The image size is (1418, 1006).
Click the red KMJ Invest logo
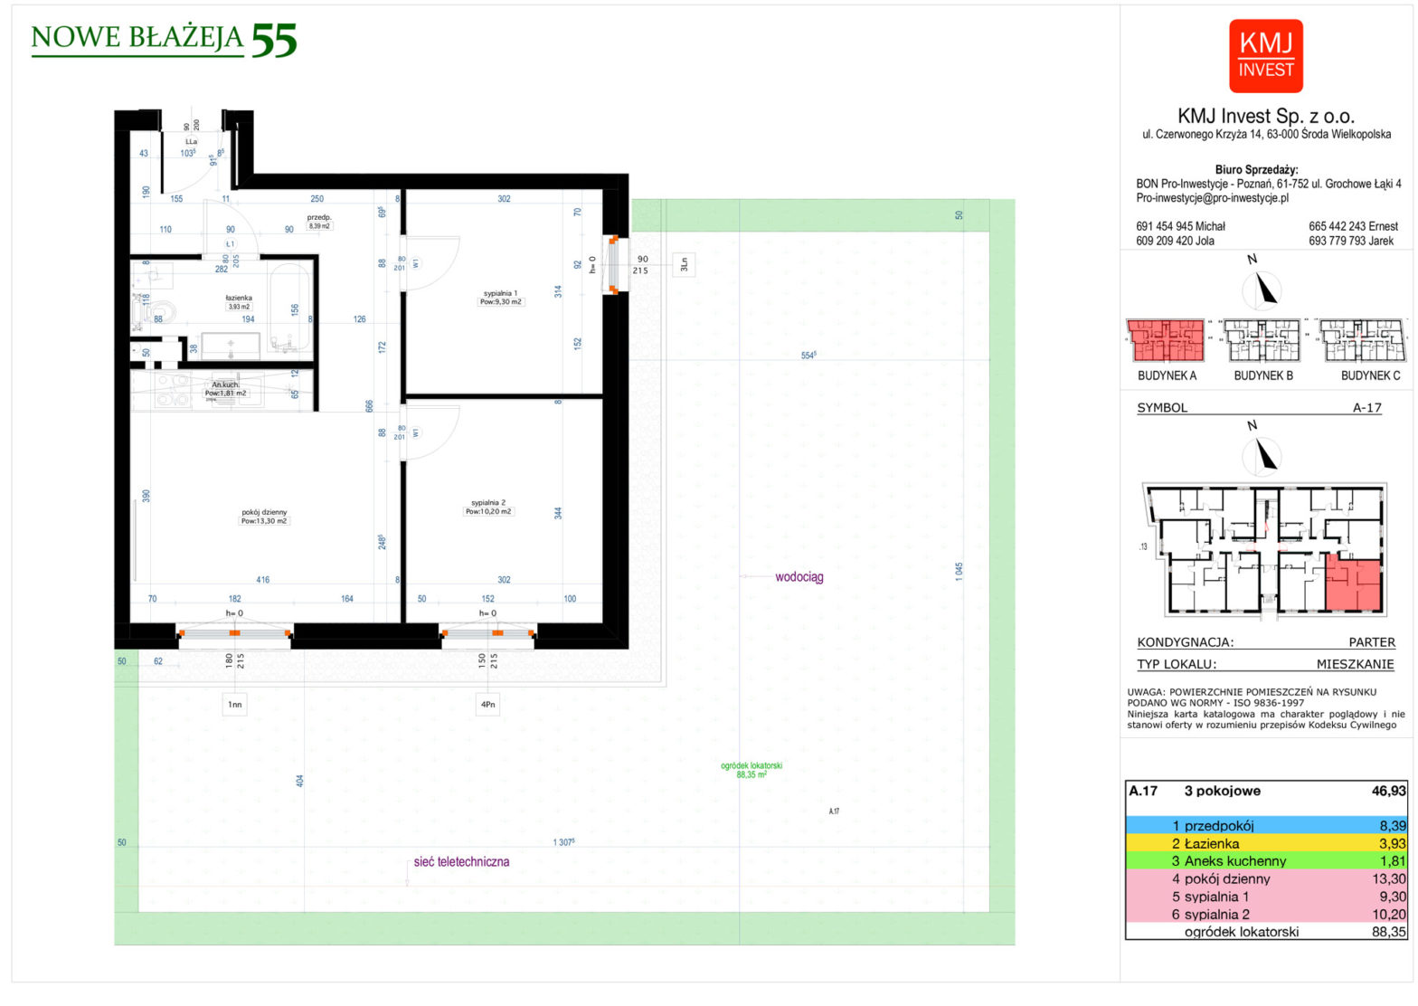click(1265, 56)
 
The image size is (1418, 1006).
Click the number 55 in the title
click(273, 41)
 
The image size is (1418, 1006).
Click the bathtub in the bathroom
click(290, 308)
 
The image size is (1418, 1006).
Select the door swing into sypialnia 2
click(432, 432)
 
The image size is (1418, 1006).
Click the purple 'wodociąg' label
click(799, 577)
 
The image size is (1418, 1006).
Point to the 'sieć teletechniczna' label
click(461, 862)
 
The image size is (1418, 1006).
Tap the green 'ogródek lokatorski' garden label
click(751, 770)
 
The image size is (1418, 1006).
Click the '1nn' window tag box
click(234, 704)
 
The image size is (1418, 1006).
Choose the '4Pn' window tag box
click(487, 704)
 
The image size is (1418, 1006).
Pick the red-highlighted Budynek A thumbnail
click(1166, 341)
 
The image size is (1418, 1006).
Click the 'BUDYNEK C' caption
click(1370, 375)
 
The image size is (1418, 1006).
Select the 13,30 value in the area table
click(1388, 879)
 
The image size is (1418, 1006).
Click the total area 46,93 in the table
click(1388, 791)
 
